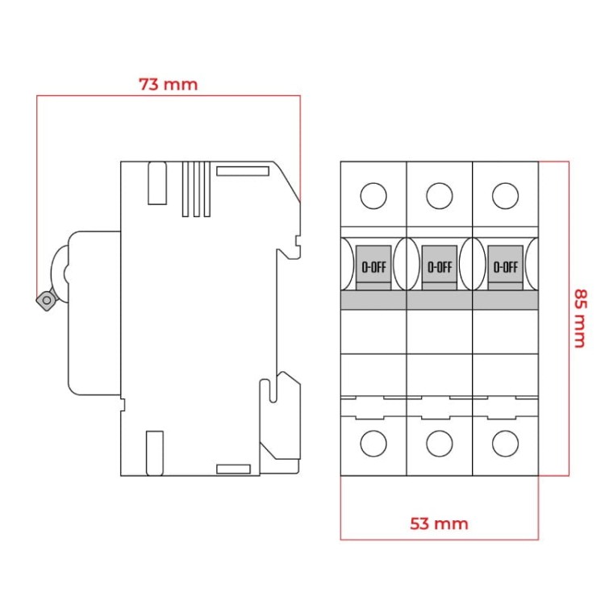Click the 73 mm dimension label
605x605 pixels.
168,84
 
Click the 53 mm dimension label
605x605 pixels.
439,524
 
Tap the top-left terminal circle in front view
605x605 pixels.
373,196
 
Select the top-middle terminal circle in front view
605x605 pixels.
439,196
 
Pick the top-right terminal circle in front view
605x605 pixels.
505,196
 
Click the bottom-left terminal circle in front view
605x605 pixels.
373,443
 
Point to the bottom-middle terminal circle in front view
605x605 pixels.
439,443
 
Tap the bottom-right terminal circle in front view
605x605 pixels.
505,443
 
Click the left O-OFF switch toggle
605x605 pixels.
373,266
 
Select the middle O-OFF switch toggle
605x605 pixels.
439,266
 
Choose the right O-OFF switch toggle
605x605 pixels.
505,266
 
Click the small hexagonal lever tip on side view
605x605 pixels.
44,301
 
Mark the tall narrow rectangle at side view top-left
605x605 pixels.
156,182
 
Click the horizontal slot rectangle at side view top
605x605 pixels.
242,170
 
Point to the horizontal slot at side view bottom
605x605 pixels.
233,469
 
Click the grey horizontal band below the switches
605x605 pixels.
439,300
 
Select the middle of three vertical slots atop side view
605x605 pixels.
196,189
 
